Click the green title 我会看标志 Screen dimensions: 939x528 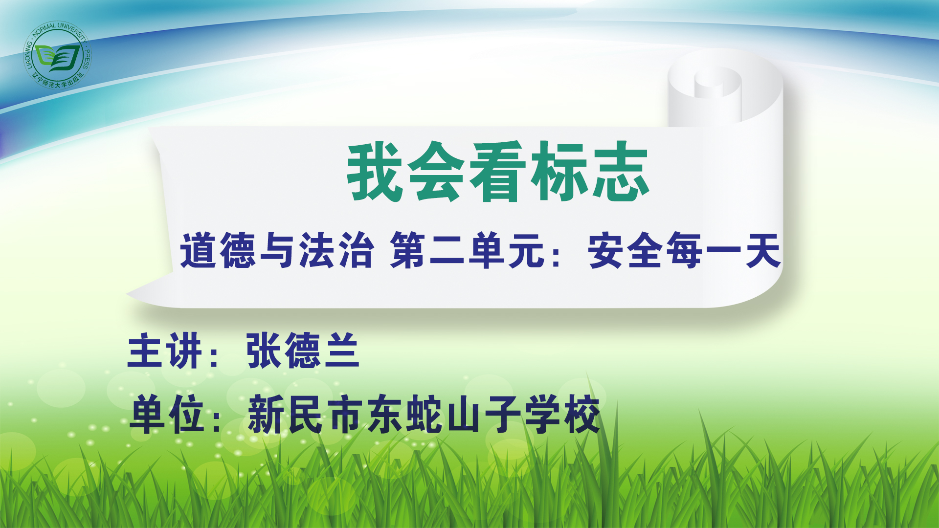point(498,172)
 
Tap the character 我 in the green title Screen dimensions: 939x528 point(375,172)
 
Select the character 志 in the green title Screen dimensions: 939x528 point(621,172)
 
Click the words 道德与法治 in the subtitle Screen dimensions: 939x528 point(277,250)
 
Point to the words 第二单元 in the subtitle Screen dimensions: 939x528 point(468,250)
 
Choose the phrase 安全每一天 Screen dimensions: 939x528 point(684,250)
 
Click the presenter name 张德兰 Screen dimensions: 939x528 point(303,350)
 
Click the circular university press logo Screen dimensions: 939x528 point(58,55)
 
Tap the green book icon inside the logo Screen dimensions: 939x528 point(58,58)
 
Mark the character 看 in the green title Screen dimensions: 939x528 point(498,172)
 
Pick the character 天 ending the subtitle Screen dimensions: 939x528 point(762,250)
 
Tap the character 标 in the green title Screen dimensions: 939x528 point(559,172)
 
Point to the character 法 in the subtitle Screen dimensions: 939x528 point(317,250)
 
